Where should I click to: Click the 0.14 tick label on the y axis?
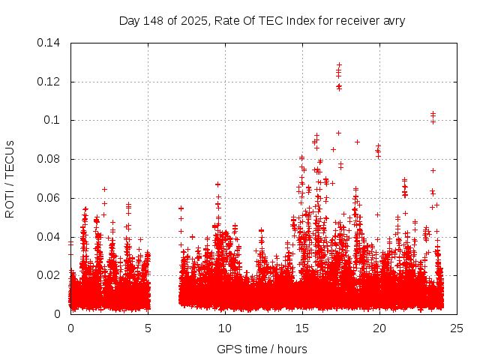coord(50,43)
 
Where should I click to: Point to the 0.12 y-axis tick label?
coord(50,81)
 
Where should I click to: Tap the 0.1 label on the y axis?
coord(53,120)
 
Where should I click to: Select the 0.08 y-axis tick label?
coord(50,159)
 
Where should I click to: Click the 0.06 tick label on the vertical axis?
coord(50,198)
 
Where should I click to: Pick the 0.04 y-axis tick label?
coord(50,237)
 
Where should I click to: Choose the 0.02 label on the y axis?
coord(50,275)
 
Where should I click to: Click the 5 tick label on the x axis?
coord(148,328)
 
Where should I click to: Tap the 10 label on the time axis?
coord(225,328)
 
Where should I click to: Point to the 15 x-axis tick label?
coord(302,328)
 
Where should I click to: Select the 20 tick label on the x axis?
coord(379,328)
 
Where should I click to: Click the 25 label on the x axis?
coord(457,328)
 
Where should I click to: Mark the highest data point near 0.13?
coord(339,65)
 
